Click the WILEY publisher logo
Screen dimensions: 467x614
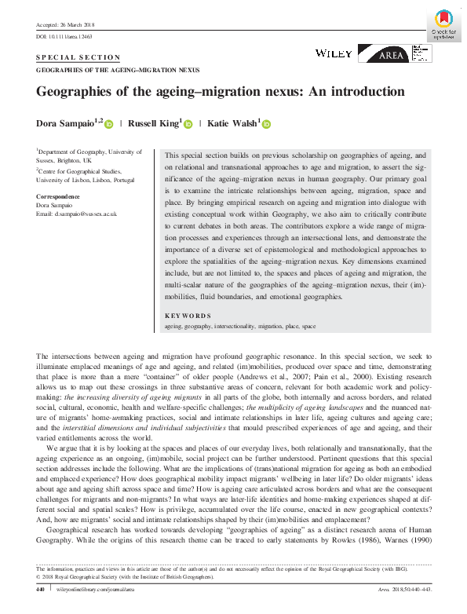(x=333, y=53)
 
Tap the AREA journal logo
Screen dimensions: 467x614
(x=393, y=53)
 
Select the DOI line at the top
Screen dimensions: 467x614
(x=64, y=37)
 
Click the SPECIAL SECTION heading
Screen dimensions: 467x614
(x=78, y=58)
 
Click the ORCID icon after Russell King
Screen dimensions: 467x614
(x=188, y=123)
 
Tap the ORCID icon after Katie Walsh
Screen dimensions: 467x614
(x=266, y=123)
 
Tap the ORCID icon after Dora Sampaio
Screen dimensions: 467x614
(x=109, y=123)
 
